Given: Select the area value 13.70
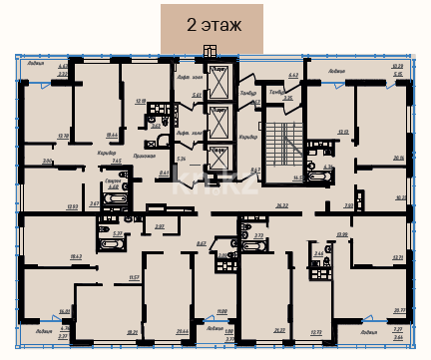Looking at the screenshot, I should coord(63,136).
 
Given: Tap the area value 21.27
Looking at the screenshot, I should coord(278,331).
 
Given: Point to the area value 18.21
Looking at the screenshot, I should coord(132,332).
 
